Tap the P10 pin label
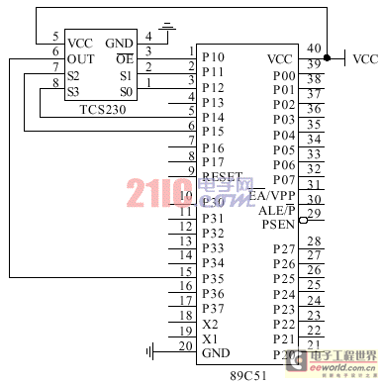[213, 57]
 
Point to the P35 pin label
[213, 278]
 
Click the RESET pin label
[222, 176]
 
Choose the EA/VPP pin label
[272, 195]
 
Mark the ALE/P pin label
[276, 210]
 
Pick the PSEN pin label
[278, 225]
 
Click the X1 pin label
[210, 338]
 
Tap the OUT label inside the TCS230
[80, 59]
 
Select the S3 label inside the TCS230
[73, 91]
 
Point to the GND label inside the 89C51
[216, 353]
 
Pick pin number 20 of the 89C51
[185, 345]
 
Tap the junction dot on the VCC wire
[327, 59]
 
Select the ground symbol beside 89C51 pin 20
[150, 350]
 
